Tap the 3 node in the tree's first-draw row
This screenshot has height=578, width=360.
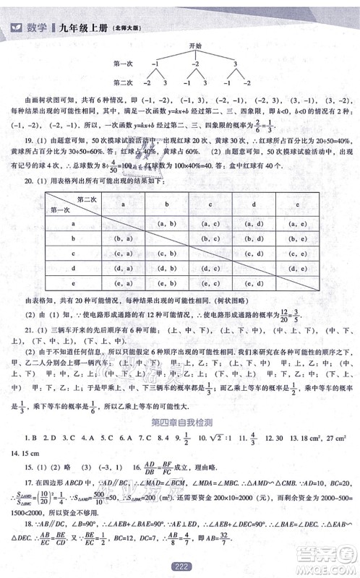[234, 64]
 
